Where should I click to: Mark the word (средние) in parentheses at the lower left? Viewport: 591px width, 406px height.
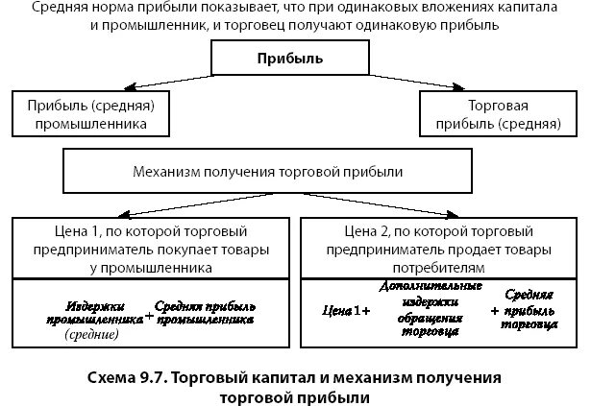92,335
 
